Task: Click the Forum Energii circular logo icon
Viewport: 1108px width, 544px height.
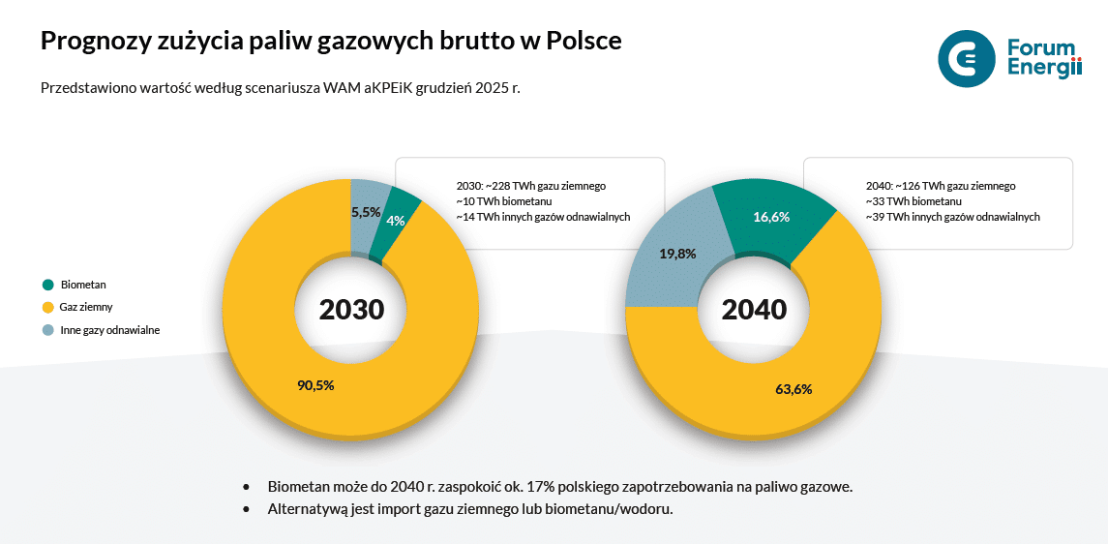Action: click(x=966, y=58)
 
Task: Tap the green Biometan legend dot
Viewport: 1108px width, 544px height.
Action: click(x=48, y=285)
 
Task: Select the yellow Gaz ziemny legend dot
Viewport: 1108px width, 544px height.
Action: click(x=48, y=308)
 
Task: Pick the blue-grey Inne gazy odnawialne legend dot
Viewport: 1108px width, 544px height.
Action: click(x=48, y=330)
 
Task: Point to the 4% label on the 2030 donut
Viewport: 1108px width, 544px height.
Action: click(x=396, y=221)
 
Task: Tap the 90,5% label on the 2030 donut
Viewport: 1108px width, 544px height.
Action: click(x=315, y=385)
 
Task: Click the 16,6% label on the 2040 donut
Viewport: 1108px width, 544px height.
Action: click(x=771, y=217)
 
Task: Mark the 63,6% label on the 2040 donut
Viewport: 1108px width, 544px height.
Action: click(x=793, y=389)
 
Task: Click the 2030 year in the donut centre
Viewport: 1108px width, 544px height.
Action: click(x=351, y=310)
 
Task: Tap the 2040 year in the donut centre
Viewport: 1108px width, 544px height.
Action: click(x=754, y=310)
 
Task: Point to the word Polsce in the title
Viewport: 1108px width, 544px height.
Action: click(x=584, y=42)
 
